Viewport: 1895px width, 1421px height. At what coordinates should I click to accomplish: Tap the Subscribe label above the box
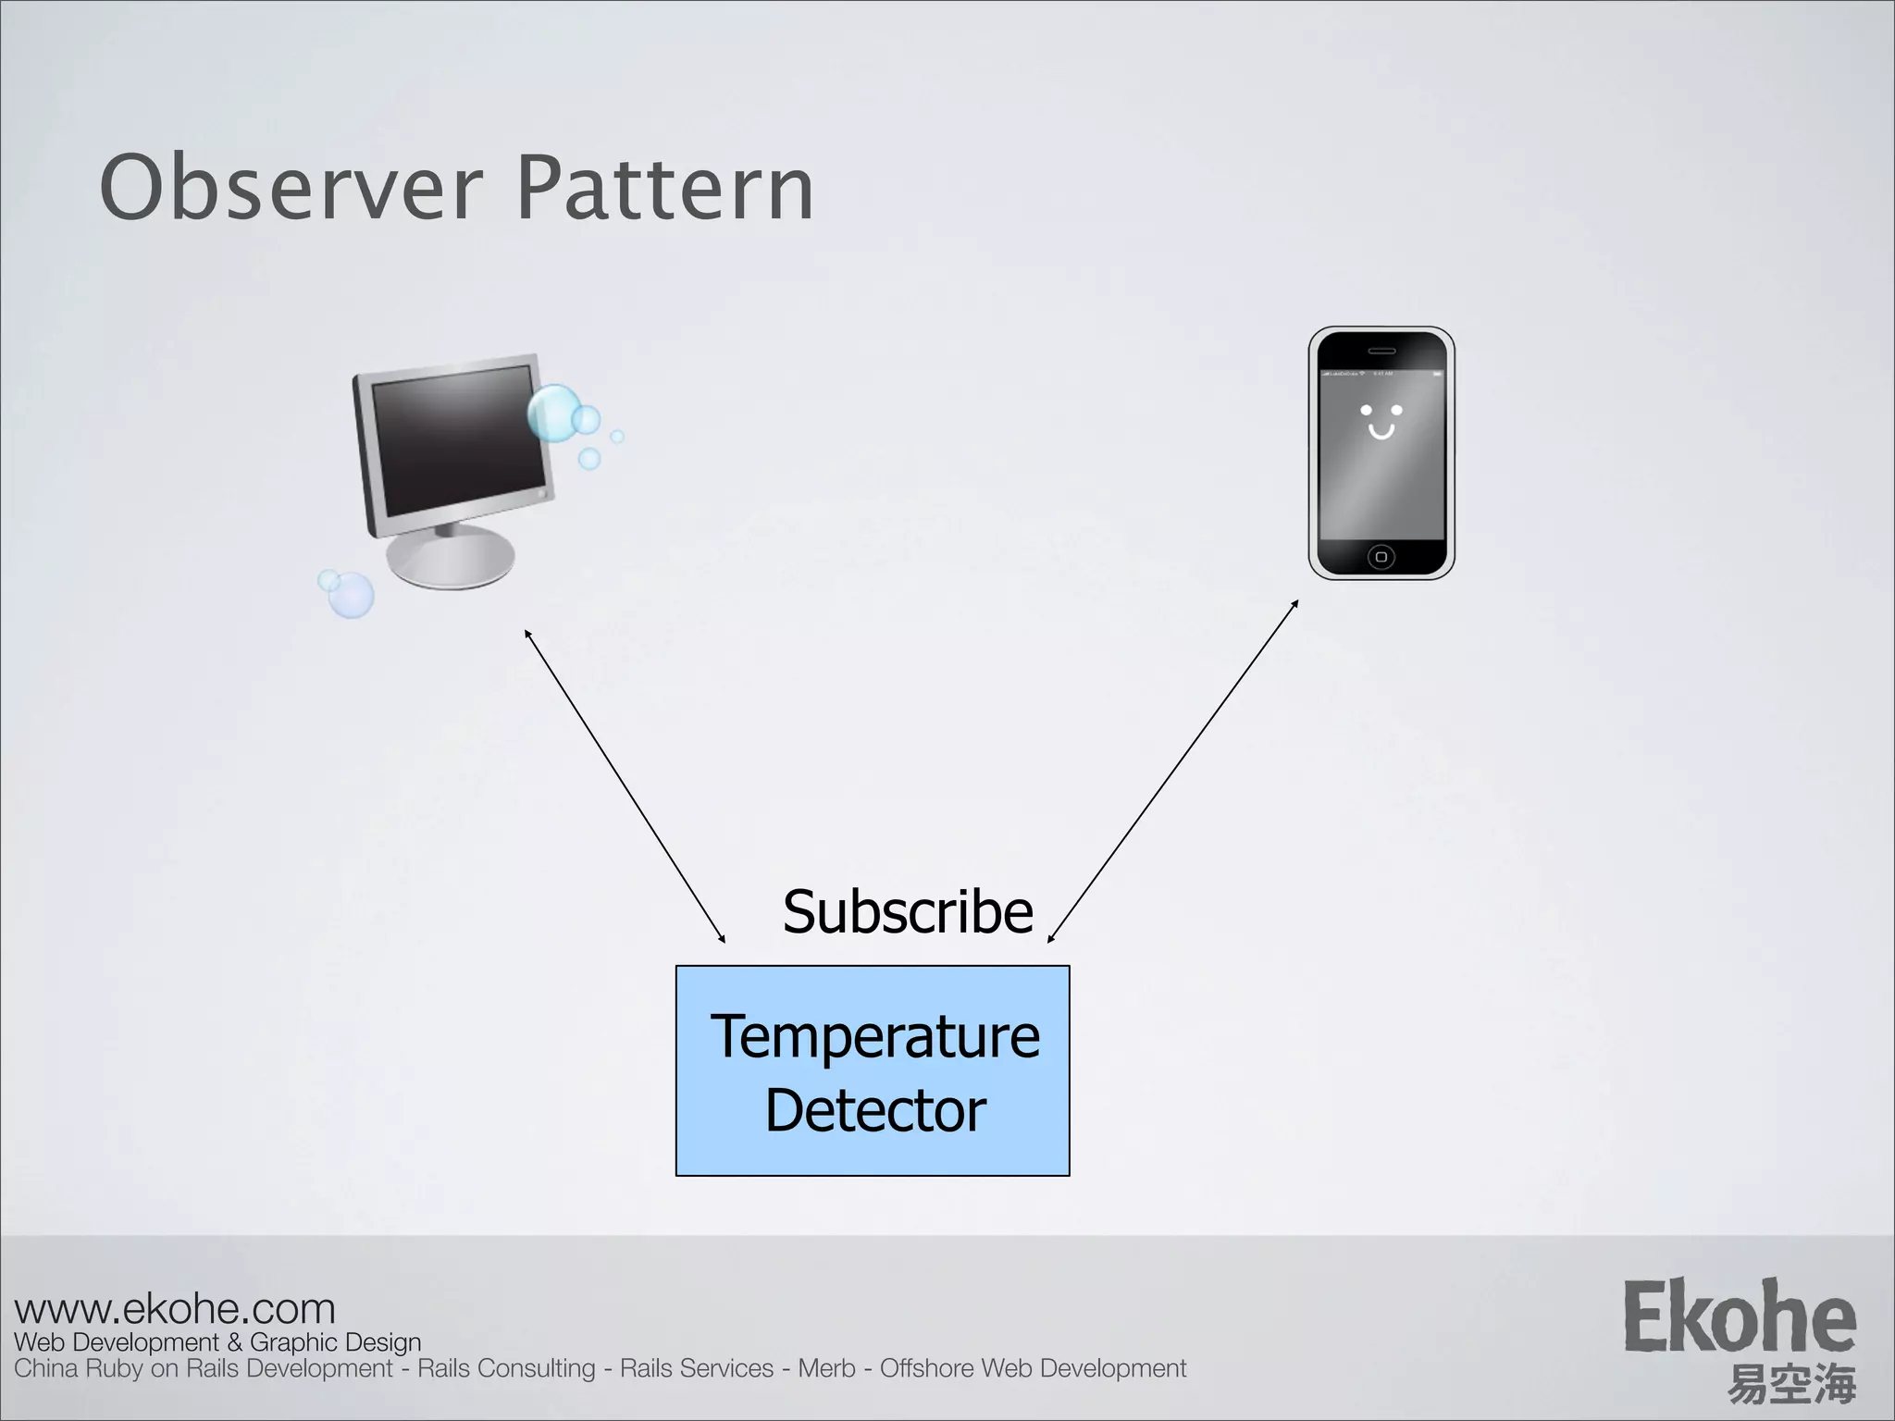point(907,911)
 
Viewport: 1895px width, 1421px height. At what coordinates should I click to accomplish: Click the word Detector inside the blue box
point(874,1110)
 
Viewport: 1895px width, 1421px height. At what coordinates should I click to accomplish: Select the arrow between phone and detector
point(1173,772)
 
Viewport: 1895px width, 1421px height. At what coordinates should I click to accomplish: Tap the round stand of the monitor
point(451,560)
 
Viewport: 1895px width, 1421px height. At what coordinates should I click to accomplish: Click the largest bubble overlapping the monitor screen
point(552,414)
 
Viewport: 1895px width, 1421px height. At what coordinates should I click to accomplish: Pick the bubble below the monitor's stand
point(351,595)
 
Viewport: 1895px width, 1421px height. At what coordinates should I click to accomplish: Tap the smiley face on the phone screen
point(1381,421)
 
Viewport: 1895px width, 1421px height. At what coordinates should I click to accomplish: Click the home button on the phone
point(1381,557)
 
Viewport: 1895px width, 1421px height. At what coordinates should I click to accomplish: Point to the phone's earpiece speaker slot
point(1381,351)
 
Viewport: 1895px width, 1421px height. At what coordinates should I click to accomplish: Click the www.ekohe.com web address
point(175,1309)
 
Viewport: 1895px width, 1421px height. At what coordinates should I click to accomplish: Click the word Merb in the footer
point(826,1368)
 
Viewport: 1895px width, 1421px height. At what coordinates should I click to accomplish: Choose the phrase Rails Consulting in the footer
point(506,1368)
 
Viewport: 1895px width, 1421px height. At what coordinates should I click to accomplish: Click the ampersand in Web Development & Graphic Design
point(234,1342)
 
